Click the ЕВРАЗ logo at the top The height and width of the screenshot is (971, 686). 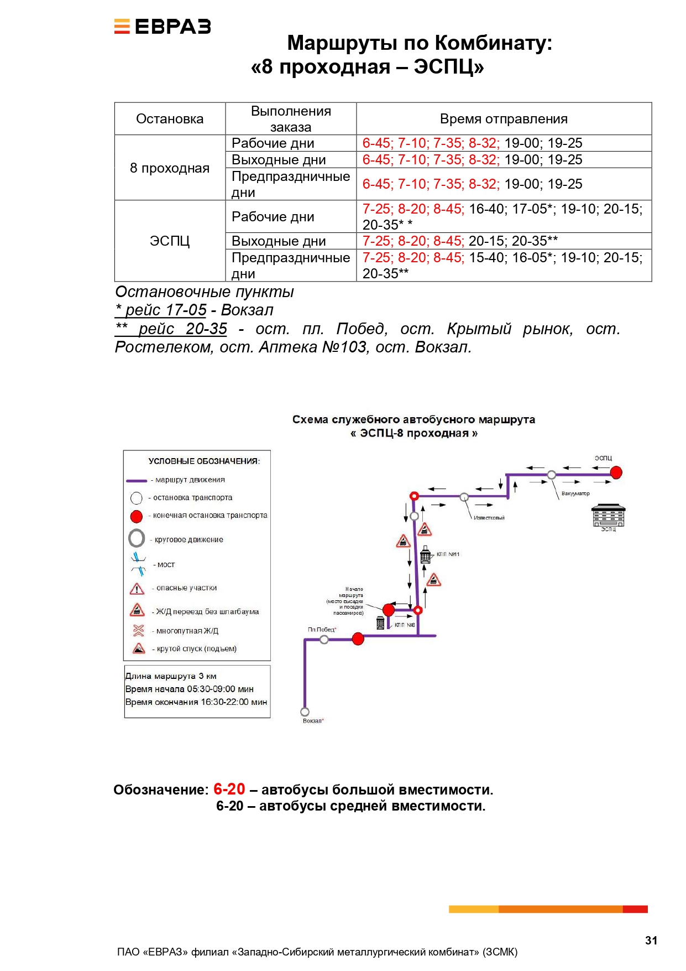coord(163,27)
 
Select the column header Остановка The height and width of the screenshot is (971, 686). coord(170,119)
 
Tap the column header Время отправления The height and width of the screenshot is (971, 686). coord(504,119)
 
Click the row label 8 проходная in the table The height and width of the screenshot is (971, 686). coord(170,168)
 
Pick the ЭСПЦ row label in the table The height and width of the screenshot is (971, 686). coord(170,241)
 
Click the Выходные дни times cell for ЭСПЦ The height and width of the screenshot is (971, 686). coord(460,241)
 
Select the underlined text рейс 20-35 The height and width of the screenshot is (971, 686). coord(182,329)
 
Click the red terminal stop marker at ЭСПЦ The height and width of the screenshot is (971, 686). coord(616,472)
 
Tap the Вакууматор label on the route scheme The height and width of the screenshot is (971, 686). coord(575,494)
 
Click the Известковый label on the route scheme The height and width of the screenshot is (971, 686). coord(489,518)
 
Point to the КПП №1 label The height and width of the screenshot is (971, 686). coord(448,554)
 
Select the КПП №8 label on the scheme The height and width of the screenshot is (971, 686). coord(405,625)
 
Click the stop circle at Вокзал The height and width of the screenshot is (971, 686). coord(305,712)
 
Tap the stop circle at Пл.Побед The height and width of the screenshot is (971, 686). coord(324,640)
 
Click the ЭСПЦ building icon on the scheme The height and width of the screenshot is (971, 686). coord(608,515)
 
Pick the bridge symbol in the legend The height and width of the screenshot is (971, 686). coord(138,564)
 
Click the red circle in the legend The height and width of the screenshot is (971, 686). coord(137,516)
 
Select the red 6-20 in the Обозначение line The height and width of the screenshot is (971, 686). coord(229,789)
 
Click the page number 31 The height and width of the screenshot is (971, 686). coord(651,940)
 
